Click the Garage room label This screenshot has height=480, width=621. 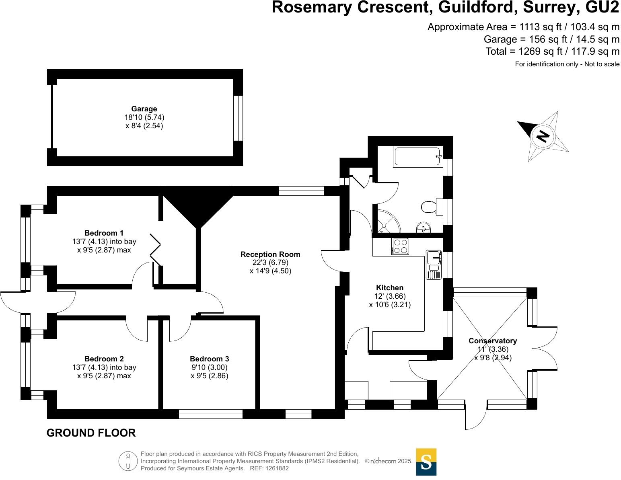pos(144,109)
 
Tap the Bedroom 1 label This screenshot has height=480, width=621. pos(104,233)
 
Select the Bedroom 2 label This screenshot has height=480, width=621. pos(104,359)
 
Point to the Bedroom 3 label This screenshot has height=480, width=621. pos(209,359)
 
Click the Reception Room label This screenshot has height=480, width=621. pos(270,254)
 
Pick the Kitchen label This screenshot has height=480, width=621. pos(389,288)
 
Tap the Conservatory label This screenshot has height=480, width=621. pos(492,341)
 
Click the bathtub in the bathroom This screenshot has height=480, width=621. pos(417,156)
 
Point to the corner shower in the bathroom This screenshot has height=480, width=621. pos(387,222)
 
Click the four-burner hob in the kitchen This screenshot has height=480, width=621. pos(400,246)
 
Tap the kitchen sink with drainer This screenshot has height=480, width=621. pos(434,264)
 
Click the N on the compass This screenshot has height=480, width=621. pos(543,136)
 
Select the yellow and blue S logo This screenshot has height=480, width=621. pos(426,462)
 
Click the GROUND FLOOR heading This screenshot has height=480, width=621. pos(91,433)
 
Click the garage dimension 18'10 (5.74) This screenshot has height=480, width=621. pos(144,117)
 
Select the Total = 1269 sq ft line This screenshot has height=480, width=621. pos(552,51)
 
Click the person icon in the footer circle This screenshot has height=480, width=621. pos(128,461)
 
